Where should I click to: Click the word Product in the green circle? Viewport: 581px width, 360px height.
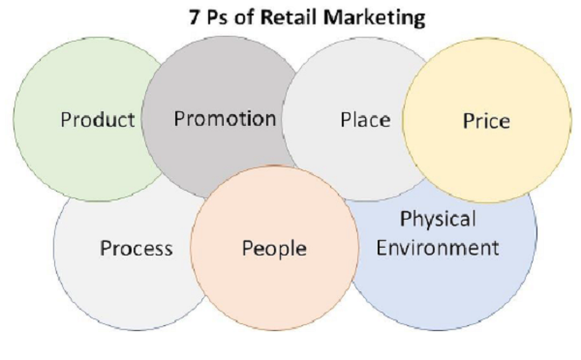(97, 121)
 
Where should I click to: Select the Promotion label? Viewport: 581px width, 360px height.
(225, 119)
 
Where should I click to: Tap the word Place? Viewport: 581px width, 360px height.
(365, 120)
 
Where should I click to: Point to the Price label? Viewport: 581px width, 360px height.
(487, 122)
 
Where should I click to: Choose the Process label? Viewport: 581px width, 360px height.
(136, 249)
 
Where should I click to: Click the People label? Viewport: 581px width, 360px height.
(274, 249)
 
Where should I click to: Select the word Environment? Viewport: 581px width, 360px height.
(438, 247)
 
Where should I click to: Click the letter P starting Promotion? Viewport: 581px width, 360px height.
(179, 119)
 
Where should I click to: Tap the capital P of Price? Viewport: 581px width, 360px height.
(468, 122)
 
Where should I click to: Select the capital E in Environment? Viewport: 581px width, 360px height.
(382, 247)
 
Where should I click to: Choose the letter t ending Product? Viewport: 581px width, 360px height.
(131, 121)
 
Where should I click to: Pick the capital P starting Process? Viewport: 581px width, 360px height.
(106, 249)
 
